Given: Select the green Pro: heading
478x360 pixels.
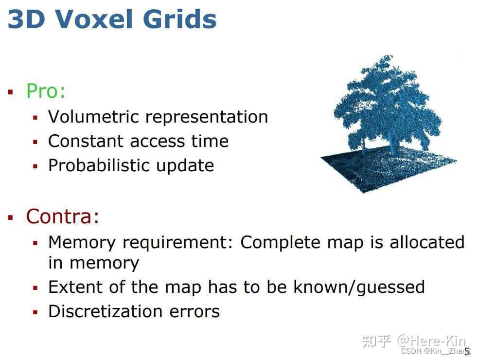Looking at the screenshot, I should point(46,91).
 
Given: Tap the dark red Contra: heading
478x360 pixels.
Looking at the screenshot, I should point(63,216).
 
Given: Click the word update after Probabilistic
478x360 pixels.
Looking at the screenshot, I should point(186,166).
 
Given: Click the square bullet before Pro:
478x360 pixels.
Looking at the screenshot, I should point(10,92).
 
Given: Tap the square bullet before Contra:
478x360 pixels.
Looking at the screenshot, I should point(10,217).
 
